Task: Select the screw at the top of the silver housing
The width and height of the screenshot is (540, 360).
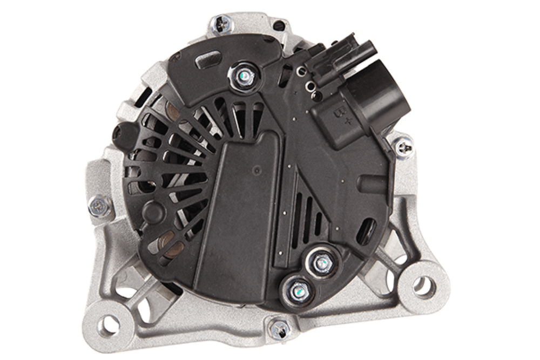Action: tap(221, 24)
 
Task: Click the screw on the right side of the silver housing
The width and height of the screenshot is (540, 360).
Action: tap(404, 148)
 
